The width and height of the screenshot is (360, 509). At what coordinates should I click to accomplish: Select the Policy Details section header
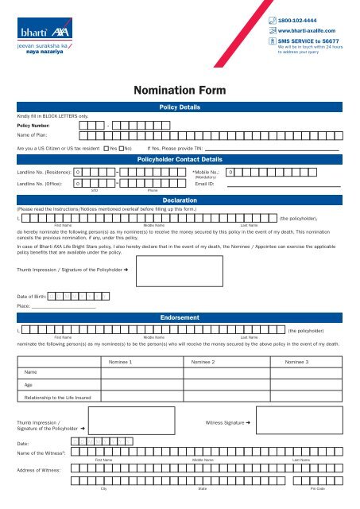tap(180, 107)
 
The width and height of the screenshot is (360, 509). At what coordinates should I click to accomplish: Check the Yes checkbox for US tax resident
tap(106, 148)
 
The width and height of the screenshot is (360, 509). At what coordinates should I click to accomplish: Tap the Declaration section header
tap(180, 201)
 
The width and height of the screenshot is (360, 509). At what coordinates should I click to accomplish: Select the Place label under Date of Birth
tap(23, 328)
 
